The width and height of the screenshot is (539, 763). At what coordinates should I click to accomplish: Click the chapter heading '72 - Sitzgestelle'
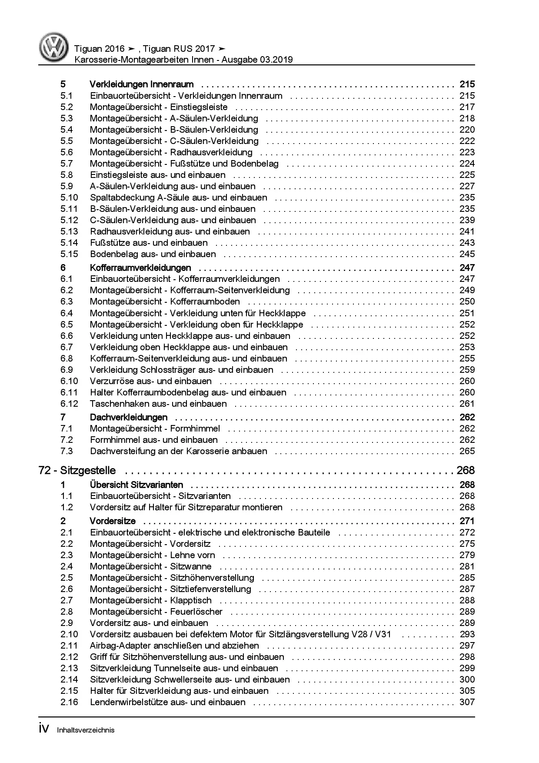point(77,470)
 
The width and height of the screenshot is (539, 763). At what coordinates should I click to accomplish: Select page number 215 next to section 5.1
point(467,96)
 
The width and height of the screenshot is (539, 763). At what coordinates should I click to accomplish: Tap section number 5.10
point(69,197)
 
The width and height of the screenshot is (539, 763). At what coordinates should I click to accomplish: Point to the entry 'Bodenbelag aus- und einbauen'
point(153,254)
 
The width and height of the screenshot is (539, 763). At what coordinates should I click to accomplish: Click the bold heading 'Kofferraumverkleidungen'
point(140,268)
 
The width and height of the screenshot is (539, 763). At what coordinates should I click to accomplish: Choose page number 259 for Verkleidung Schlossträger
point(467,370)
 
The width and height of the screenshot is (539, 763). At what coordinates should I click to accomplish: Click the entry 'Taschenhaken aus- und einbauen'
point(158,404)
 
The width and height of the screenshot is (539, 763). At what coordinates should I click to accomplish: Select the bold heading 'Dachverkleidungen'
point(128,417)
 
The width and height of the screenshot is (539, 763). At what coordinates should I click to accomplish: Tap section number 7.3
point(67,451)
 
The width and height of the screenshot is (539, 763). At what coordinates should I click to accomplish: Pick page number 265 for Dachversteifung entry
point(467,451)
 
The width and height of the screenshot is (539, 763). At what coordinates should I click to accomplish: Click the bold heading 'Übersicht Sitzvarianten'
point(136,485)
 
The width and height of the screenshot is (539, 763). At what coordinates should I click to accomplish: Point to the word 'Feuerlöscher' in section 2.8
point(196,612)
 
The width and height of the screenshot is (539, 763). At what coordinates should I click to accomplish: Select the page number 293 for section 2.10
point(467,634)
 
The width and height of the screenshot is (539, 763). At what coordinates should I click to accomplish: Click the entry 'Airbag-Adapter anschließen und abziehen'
point(174,646)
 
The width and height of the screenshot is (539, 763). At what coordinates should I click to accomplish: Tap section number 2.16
point(69,702)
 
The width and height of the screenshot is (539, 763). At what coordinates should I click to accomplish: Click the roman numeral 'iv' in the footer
point(44,729)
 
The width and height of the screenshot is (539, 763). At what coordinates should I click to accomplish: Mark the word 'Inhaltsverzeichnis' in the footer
point(86,730)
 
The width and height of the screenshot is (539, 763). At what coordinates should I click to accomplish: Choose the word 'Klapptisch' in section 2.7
point(191,600)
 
